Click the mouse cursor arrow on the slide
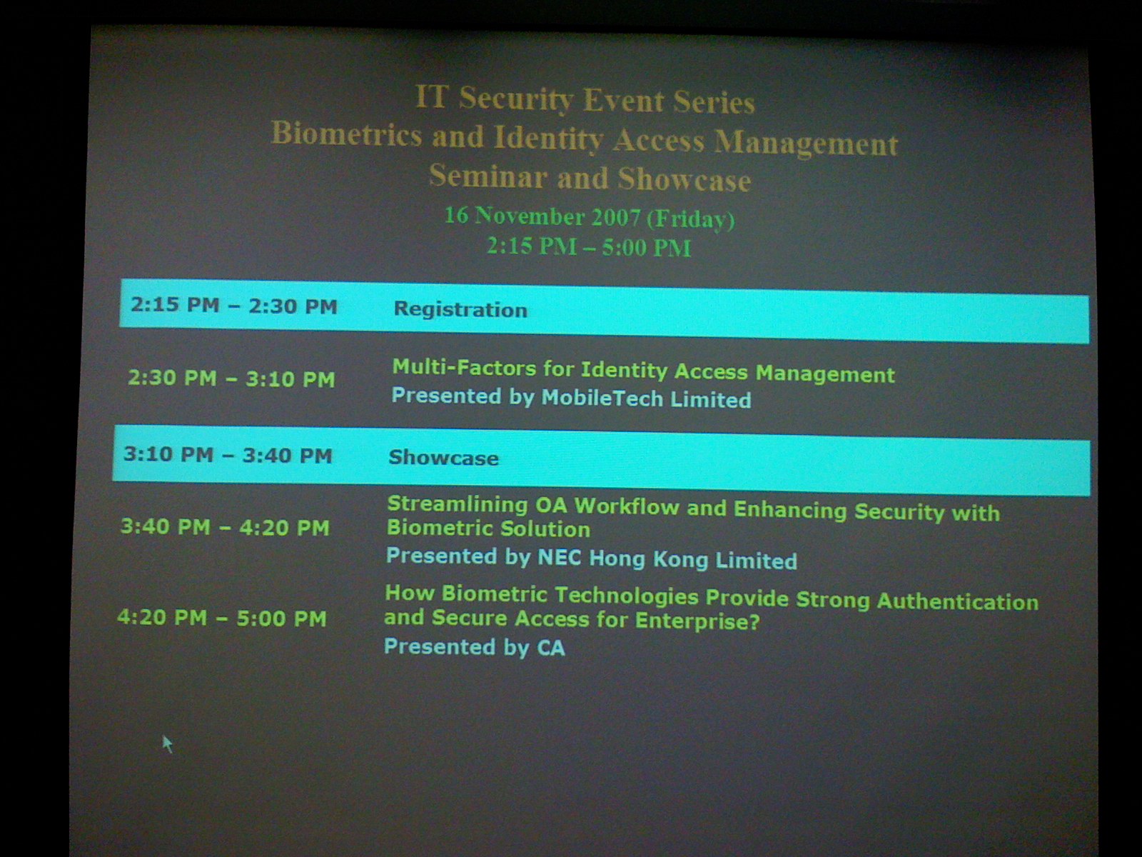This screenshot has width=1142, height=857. tap(168, 743)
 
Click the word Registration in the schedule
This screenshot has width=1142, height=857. tap(460, 309)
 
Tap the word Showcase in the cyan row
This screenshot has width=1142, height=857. tap(444, 457)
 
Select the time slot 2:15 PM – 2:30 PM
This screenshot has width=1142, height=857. tap(233, 306)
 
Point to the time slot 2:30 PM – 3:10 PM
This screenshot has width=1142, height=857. tap(231, 379)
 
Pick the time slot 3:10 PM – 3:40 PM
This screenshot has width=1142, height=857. tap(228, 455)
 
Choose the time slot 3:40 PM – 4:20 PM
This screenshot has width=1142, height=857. tap(225, 526)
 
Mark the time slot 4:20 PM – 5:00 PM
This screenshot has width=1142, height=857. tap(222, 618)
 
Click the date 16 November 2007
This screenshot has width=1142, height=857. tap(542, 216)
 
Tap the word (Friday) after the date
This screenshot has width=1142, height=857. tap(690, 219)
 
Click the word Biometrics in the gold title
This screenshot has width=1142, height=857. tap(346, 134)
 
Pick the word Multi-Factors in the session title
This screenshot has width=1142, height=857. tap(464, 367)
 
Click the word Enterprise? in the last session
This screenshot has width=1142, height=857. tap(697, 621)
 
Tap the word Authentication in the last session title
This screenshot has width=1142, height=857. tap(958, 601)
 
